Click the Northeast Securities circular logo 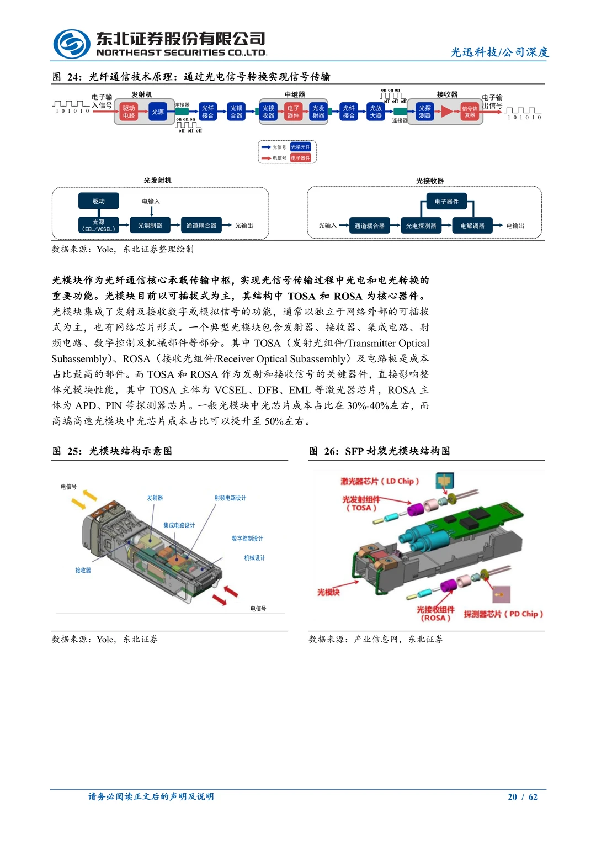click(x=72, y=44)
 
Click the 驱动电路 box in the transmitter click(x=129, y=112)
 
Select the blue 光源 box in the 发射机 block click(x=158, y=112)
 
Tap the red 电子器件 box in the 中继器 click(x=293, y=112)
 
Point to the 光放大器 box click(x=376, y=112)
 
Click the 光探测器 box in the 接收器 click(x=424, y=112)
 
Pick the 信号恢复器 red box click(x=470, y=112)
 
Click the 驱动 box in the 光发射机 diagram click(x=99, y=201)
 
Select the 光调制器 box click(x=150, y=225)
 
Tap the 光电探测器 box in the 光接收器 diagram click(x=421, y=225)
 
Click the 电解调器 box click(x=472, y=225)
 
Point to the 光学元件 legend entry click(x=301, y=147)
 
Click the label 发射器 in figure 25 click(x=155, y=498)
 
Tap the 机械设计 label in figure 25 click(x=254, y=558)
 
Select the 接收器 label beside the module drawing click(x=83, y=571)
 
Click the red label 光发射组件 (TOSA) click(x=361, y=503)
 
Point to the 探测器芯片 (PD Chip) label click(x=503, y=614)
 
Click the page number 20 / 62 click(x=522, y=796)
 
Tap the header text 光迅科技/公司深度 click(x=499, y=52)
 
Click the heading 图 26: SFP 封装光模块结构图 click(x=379, y=451)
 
